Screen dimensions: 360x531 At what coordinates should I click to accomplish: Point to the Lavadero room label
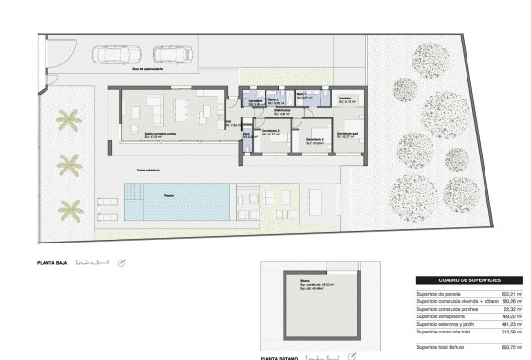255,100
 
